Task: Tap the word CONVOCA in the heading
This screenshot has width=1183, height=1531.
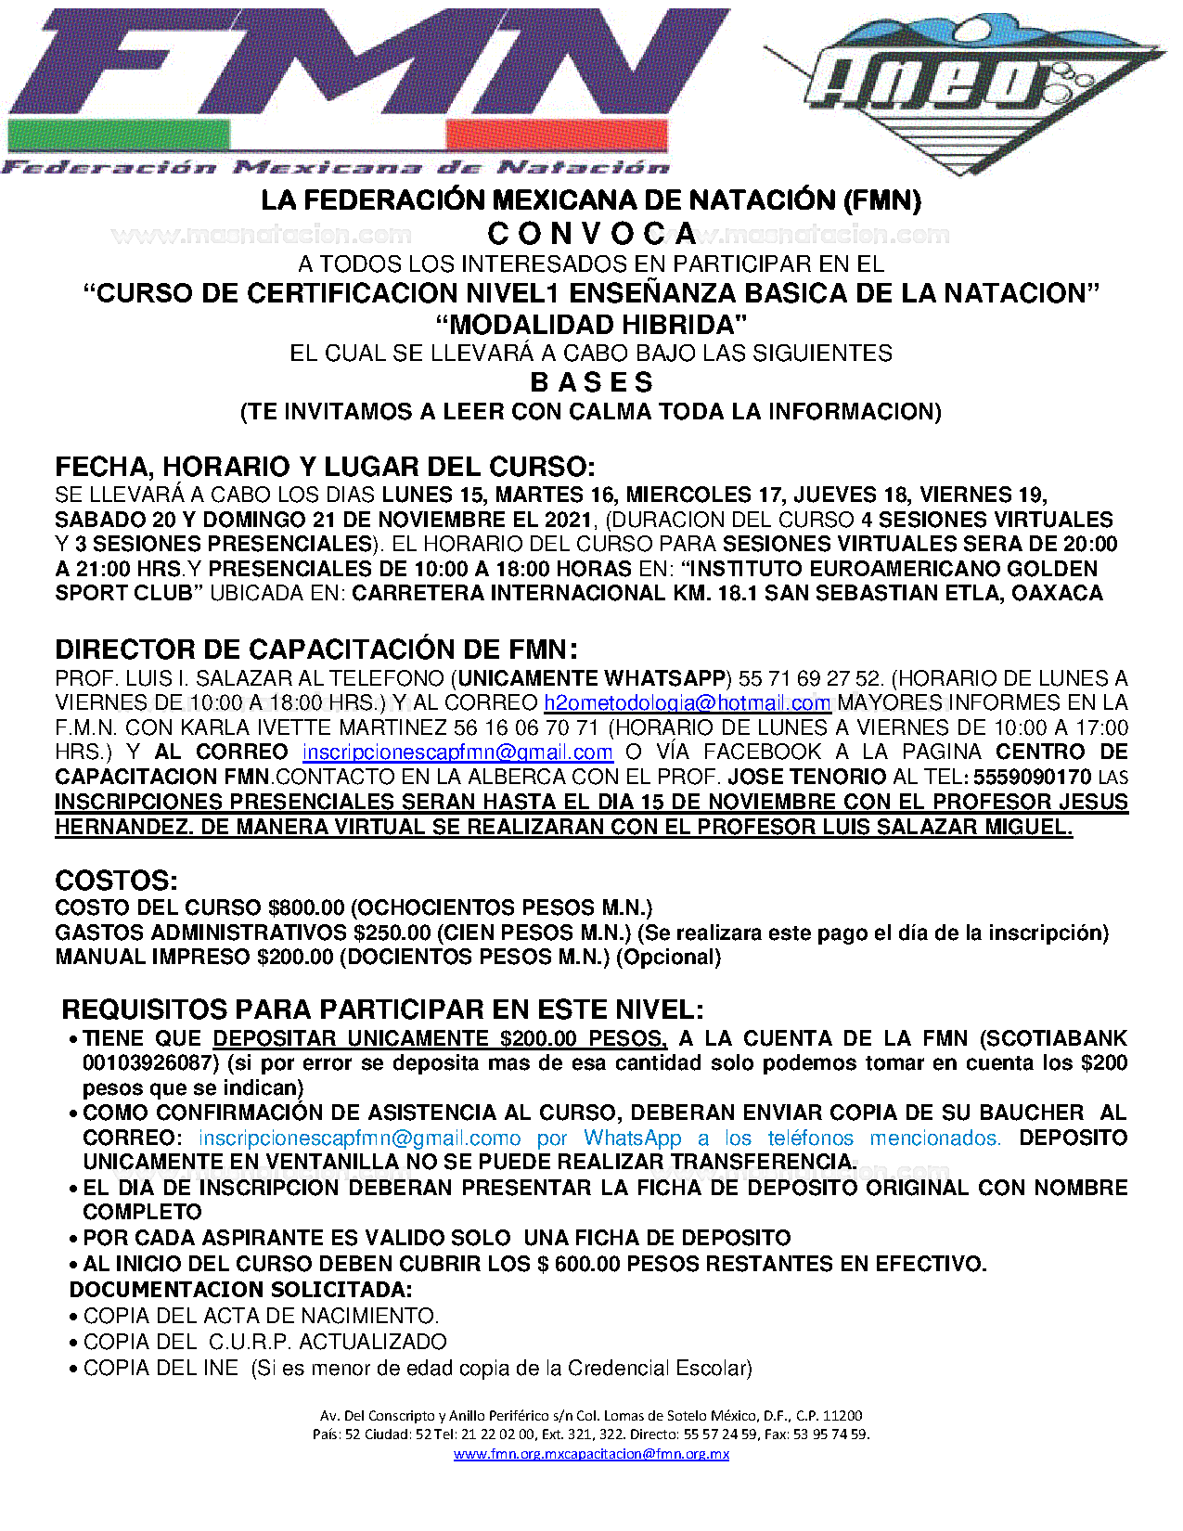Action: coord(592,234)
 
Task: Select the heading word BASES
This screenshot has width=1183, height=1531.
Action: coord(591,382)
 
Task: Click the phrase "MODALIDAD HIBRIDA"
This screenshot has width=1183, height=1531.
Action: coord(591,325)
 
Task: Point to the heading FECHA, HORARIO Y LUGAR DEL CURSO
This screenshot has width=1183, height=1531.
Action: coord(325,466)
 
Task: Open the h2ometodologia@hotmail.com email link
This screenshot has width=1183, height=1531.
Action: coord(687,703)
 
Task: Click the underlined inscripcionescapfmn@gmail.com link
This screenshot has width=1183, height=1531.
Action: coord(457,753)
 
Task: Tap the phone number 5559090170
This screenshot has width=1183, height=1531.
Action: coord(1032,777)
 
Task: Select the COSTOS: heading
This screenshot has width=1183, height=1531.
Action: coord(116,880)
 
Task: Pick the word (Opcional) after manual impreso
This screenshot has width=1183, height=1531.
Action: coord(668,957)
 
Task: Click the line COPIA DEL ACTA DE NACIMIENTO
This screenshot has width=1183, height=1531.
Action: coord(261,1316)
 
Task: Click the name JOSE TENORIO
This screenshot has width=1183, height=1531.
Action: coord(806,777)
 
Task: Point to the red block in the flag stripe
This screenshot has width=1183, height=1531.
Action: coord(557,137)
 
